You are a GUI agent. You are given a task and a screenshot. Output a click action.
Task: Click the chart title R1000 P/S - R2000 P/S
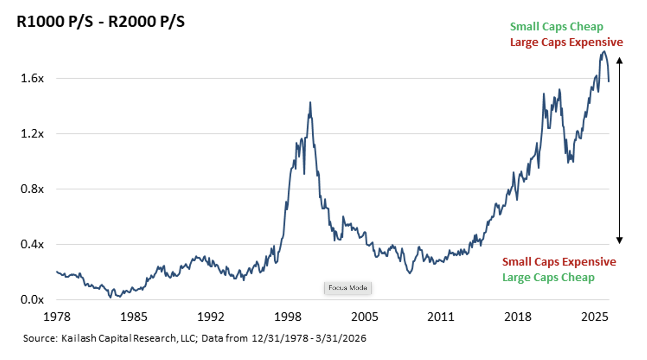pos(100,22)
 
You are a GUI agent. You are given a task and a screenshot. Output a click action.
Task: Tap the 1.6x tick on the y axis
pos(32,79)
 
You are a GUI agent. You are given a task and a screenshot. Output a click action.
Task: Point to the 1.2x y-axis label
pos(32,134)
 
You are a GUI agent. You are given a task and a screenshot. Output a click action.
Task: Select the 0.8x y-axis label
pos(32,189)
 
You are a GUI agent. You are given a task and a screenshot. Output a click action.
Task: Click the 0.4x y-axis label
pos(32,244)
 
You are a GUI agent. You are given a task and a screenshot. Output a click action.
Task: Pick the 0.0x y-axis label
pos(32,300)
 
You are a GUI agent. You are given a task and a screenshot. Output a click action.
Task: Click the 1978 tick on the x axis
pos(57,317)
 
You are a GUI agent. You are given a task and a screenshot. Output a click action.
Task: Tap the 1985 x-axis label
pos(134,317)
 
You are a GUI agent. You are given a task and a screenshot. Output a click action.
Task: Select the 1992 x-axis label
pos(211,317)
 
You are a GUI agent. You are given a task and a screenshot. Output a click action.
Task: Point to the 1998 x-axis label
pos(288,317)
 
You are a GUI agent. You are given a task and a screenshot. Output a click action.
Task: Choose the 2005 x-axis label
pos(365,317)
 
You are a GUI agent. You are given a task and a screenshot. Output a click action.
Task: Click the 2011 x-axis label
pos(441,317)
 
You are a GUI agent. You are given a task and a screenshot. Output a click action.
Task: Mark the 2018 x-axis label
pos(518,317)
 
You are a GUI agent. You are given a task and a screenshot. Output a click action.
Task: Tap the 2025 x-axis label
pos(595,317)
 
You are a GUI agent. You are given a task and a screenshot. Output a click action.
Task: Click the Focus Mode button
pos(348,288)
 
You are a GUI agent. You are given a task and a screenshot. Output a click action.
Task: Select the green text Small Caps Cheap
pos(557,27)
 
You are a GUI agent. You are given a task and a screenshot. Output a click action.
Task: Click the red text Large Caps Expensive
pos(566,42)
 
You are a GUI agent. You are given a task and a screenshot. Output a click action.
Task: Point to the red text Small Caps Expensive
pos(559,262)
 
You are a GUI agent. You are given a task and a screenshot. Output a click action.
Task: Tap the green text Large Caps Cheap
pos(548,277)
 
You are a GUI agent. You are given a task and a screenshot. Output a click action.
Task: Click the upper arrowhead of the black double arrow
pos(620,60)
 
